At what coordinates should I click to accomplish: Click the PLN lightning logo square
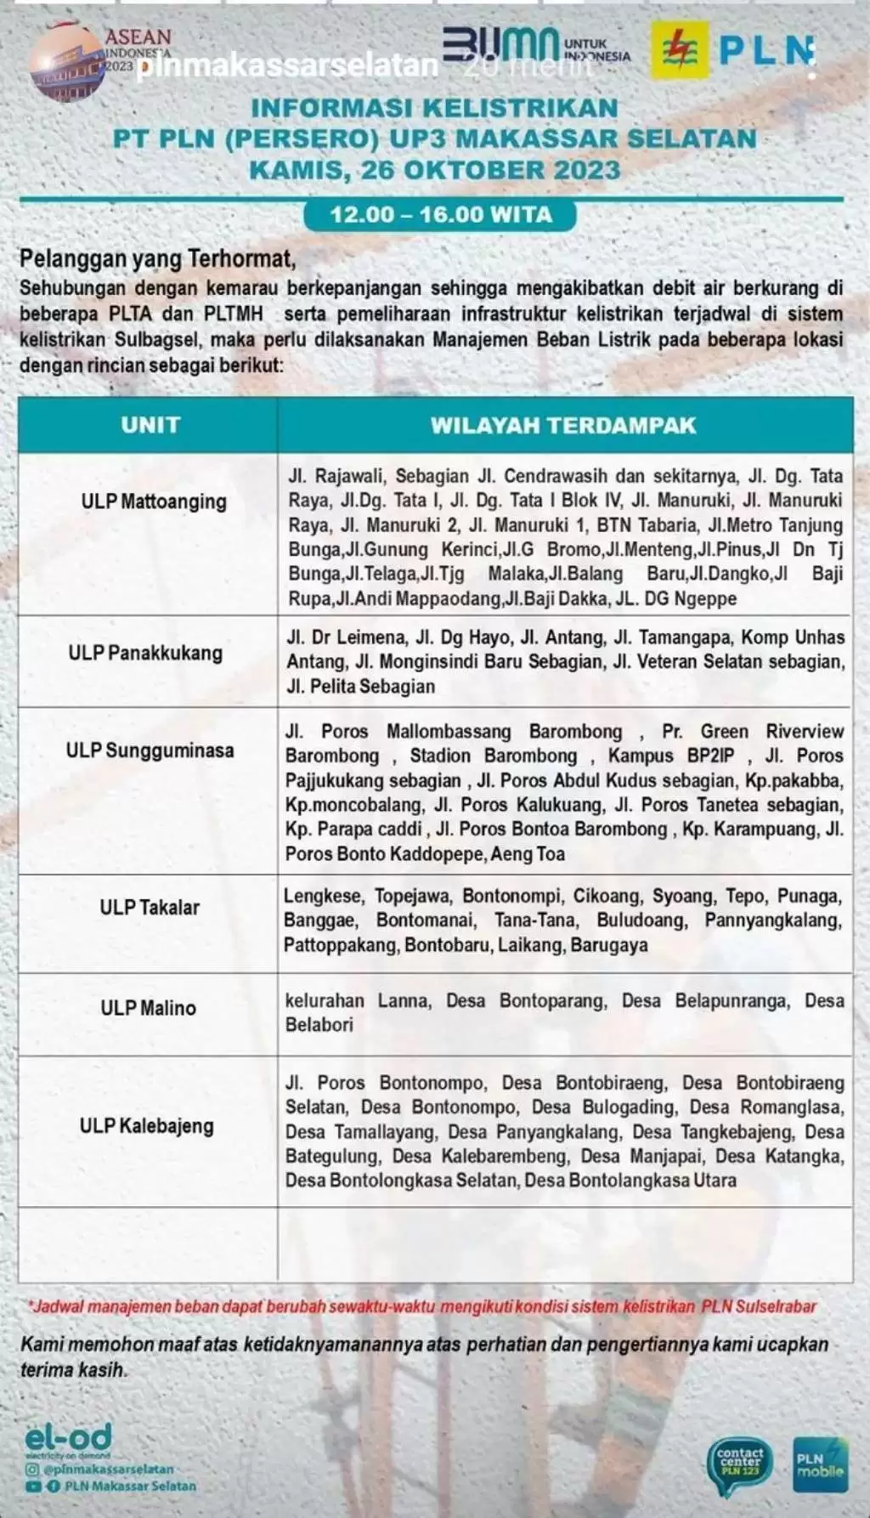tap(680, 50)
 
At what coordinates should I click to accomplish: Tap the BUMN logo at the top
tap(501, 47)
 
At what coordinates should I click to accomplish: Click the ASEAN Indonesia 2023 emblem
tap(68, 62)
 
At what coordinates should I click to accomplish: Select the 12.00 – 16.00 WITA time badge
tap(440, 214)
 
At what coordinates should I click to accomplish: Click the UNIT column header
tap(150, 425)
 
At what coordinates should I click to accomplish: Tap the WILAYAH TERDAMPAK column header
tap(562, 425)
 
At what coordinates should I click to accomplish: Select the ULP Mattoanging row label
tap(154, 501)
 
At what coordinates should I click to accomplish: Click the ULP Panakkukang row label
tap(145, 653)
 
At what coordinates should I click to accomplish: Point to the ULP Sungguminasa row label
tap(150, 751)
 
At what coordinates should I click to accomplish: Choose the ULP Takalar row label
tap(150, 907)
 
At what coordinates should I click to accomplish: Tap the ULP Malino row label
tap(148, 1007)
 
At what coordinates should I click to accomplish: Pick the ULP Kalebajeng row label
tap(146, 1125)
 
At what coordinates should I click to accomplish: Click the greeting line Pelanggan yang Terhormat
tap(158, 258)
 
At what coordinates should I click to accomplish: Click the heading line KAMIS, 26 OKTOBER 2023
tap(434, 170)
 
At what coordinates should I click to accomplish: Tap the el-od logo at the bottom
tap(68, 1438)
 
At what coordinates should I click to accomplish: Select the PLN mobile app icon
tap(820, 1464)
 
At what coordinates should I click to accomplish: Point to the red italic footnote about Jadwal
tap(422, 1306)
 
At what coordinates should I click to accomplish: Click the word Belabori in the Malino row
tap(319, 1025)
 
